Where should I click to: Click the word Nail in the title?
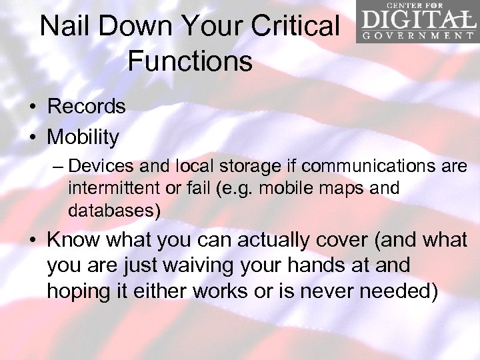[x=64, y=27]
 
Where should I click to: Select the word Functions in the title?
[x=190, y=61]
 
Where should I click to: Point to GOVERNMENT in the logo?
[x=417, y=35]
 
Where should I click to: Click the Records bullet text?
[x=87, y=107]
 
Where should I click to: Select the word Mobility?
[x=83, y=137]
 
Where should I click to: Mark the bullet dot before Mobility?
[x=33, y=138]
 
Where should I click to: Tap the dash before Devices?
[x=59, y=166]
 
